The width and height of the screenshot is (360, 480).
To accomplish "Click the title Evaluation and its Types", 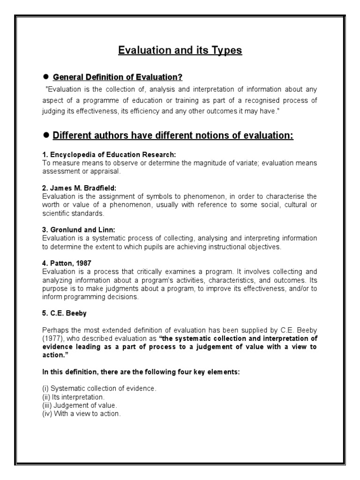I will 180,50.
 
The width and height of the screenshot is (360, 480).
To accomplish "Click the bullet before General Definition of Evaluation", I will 46,76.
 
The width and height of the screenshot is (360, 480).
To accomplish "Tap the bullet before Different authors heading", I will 46,135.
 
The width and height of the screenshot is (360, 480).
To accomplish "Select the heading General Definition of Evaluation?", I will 117,77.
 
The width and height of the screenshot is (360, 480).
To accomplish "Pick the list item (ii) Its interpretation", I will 76,397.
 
